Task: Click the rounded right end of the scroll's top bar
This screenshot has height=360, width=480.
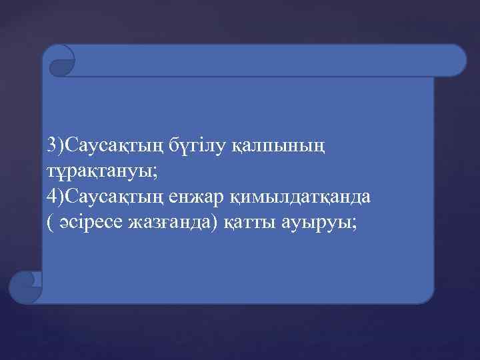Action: tap(457, 60)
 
